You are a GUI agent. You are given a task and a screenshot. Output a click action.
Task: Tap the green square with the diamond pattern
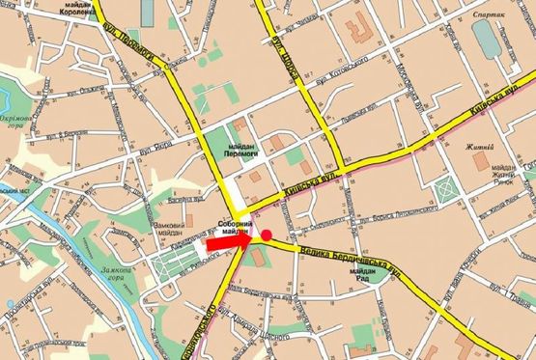point(447,190)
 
